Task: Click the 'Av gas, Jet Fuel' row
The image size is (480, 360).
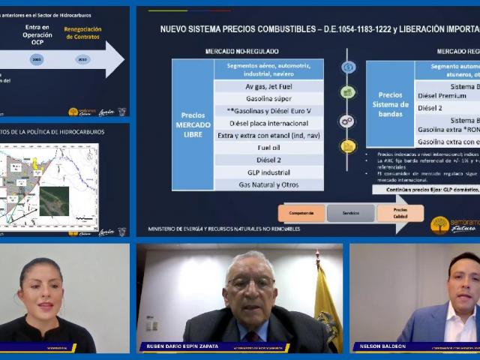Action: click(x=268, y=86)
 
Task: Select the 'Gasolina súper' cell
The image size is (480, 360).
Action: click(x=268, y=98)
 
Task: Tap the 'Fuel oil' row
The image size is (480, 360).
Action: click(x=268, y=148)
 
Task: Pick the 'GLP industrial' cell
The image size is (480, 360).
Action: click(x=268, y=172)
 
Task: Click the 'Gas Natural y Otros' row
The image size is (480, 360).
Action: click(x=268, y=184)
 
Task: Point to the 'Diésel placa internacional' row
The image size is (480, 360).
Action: click(x=268, y=123)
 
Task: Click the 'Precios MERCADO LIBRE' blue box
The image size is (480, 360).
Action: click(x=193, y=124)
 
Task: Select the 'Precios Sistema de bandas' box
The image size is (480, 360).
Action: click(x=389, y=104)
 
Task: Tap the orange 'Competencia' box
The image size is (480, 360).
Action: click(x=301, y=213)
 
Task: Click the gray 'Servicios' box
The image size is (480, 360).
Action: click(x=350, y=213)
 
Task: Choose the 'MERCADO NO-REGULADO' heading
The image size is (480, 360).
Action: click(x=237, y=51)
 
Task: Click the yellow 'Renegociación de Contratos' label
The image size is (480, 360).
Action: click(x=83, y=32)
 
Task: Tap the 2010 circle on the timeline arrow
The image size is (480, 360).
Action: click(x=82, y=58)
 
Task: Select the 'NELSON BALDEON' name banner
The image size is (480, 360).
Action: click(x=390, y=347)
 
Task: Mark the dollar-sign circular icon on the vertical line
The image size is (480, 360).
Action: click(x=347, y=67)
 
